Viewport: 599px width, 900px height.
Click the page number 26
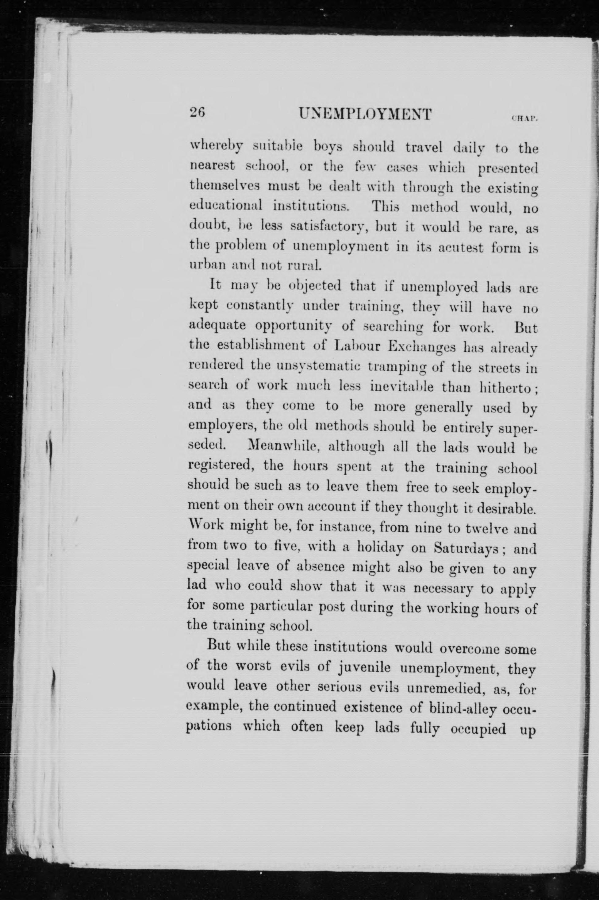point(198,113)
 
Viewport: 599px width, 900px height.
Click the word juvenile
point(364,668)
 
